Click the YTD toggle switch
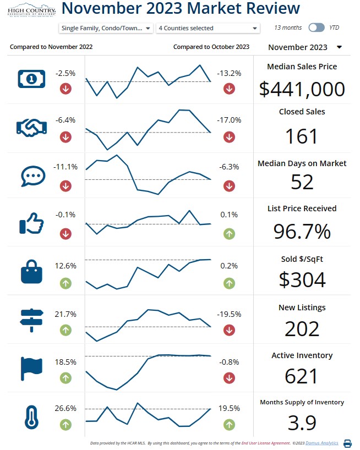317,28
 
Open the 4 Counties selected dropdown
208,28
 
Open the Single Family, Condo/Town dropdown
105,28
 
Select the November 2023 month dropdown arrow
339,47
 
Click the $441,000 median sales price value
302,89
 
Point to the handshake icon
31,128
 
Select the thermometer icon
31,416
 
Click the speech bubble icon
31,176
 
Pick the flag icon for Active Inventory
31,369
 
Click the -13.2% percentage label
229,73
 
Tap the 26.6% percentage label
66,409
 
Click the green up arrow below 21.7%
66,330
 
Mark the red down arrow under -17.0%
229,138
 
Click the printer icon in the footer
347,443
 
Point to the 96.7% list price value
302,232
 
